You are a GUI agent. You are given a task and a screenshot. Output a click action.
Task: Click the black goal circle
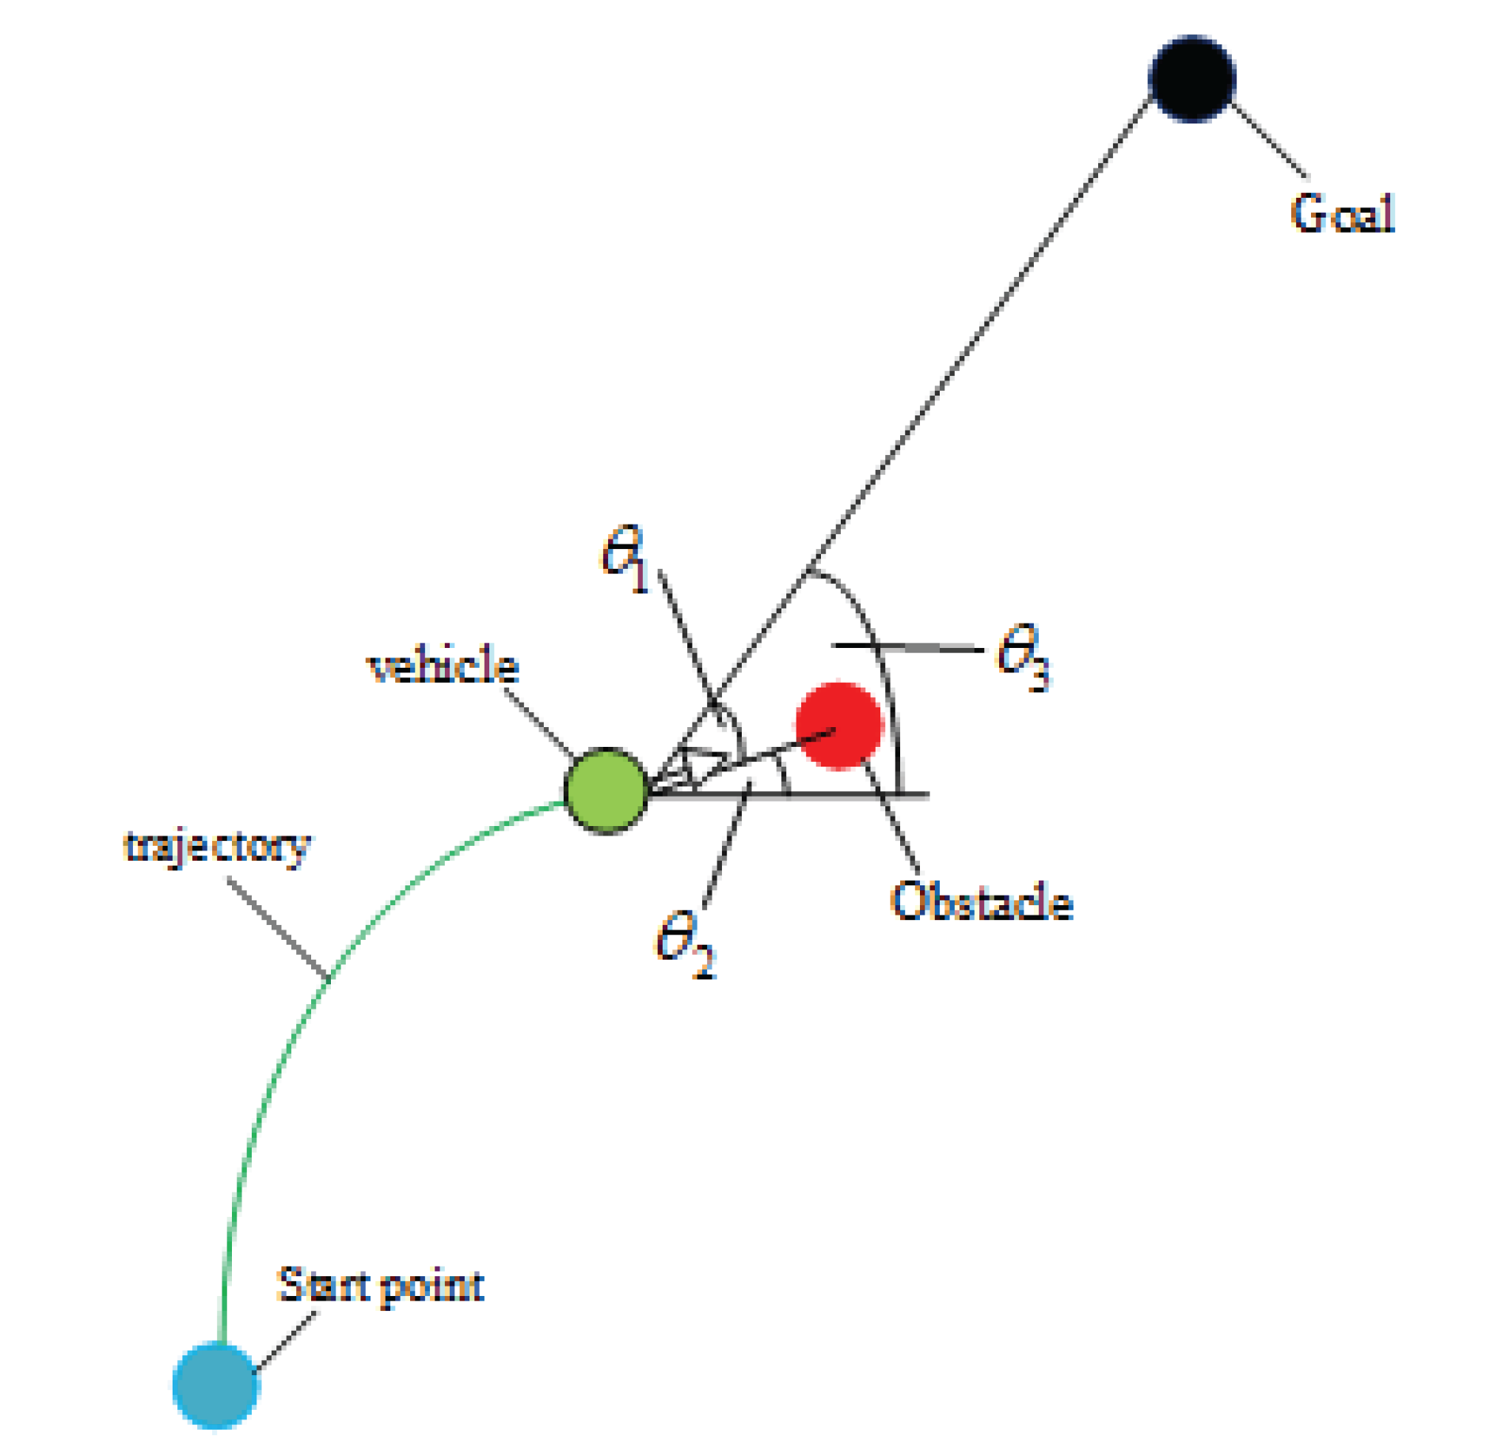point(1191,78)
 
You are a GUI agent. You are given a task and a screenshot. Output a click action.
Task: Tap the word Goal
point(1341,214)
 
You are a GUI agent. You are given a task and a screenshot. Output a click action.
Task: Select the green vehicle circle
point(606,790)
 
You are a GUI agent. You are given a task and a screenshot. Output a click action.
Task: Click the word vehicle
point(443,665)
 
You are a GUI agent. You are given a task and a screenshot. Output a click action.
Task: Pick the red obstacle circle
point(838,725)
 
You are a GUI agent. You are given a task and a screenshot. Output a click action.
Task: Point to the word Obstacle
point(981,901)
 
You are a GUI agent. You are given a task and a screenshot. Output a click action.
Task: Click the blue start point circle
point(215,1384)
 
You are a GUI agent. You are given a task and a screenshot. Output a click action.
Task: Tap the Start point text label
point(380,1286)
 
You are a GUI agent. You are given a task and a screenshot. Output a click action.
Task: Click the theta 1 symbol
point(625,558)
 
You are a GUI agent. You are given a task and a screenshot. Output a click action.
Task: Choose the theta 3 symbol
point(1023,656)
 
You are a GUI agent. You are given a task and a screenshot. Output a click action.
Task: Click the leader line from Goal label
point(1270,142)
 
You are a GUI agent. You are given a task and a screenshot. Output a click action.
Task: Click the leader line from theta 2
point(724,847)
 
